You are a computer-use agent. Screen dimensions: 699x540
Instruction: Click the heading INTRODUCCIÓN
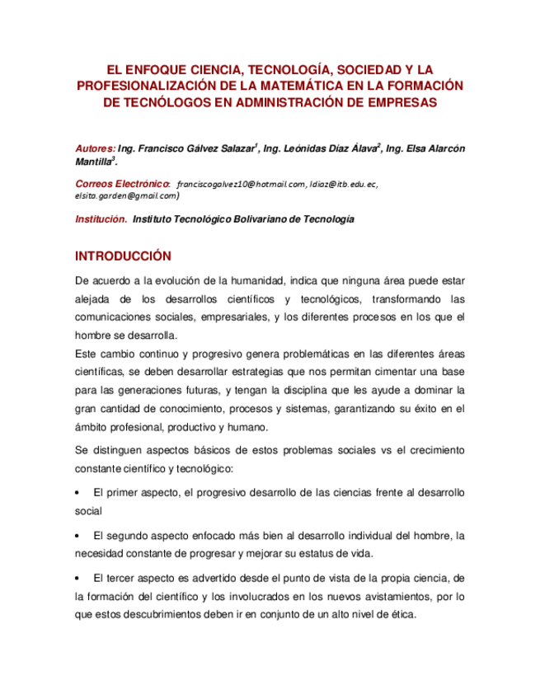pyautogui.click(x=123, y=256)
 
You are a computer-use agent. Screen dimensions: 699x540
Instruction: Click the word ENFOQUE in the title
pyautogui.click(x=154, y=69)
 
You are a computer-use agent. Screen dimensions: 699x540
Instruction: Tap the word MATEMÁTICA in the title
pyautogui.click(x=304, y=86)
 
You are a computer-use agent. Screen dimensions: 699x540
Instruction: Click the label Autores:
pyautogui.click(x=95, y=149)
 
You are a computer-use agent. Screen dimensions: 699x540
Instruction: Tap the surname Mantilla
pyautogui.click(x=92, y=162)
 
